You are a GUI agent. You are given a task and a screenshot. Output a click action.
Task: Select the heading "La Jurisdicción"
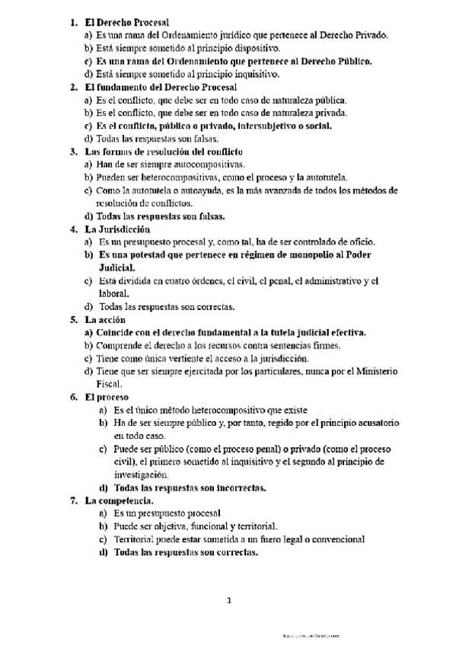pyautogui.click(x=117, y=229)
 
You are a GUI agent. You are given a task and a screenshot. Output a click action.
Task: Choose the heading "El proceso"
pyautogui.click(x=107, y=397)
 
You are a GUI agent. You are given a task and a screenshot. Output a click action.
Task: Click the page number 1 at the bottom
pyautogui.click(x=228, y=600)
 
